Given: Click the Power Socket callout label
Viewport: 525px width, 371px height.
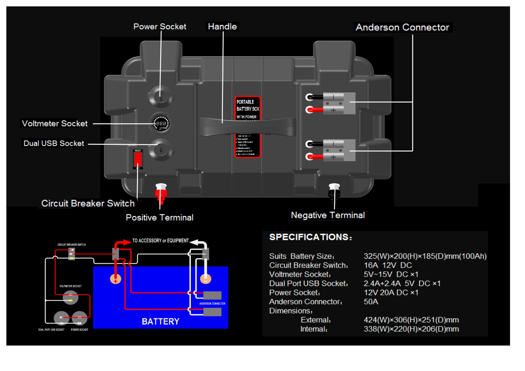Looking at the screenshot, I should [x=160, y=27].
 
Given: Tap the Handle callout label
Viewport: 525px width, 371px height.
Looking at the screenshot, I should [x=222, y=27].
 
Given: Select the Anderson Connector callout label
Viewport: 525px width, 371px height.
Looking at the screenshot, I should [x=402, y=27].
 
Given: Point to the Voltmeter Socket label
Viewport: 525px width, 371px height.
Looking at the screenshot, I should [x=55, y=124].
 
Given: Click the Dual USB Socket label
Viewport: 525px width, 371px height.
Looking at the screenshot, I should [x=54, y=143].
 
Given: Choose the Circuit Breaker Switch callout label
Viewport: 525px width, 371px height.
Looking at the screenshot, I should [x=88, y=203].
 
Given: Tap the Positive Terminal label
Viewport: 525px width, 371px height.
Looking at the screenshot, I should [x=159, y=218].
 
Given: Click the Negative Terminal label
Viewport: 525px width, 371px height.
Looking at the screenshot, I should [x=328, y=215].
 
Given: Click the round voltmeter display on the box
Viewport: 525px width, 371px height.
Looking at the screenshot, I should [x=161, y=123].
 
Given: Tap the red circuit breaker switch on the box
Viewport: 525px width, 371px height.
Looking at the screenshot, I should [x=138, y=159].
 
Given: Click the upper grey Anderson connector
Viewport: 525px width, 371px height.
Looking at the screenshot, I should [x=339, y=103].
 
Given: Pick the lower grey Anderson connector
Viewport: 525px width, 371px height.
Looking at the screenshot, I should [x=339, y=150].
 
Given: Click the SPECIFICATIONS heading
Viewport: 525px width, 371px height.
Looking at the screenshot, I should [x=311, y=237].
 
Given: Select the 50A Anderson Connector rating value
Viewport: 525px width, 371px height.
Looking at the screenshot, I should [x=371, y=302].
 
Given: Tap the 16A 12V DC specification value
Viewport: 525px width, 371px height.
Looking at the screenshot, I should [x=388, y=265].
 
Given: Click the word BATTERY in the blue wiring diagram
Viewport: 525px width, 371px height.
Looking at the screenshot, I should [x=161, y=322].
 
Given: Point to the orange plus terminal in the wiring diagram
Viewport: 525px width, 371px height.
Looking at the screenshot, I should [x=115, y=279].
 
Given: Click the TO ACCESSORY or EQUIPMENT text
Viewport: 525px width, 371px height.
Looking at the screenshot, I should [x=160, y=241].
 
